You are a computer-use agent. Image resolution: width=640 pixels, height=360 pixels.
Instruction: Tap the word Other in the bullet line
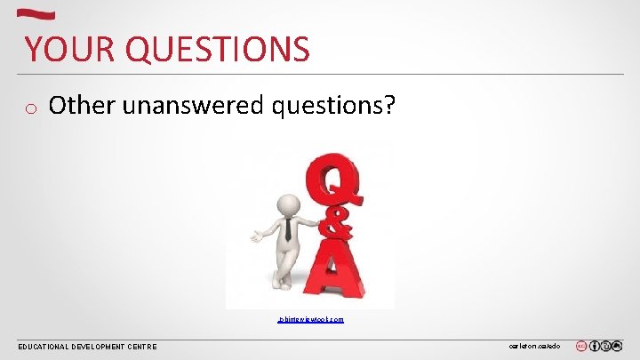(x=83, y=106)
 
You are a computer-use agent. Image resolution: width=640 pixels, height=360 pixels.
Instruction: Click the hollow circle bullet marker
(x=29, y=109)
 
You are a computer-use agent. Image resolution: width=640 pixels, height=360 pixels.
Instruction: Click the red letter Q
(x=335, y=182)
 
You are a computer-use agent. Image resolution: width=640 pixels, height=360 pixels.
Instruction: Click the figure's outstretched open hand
(x=257, y=236)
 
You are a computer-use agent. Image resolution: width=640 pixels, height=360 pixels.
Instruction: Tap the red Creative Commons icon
(x=581, y=346)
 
